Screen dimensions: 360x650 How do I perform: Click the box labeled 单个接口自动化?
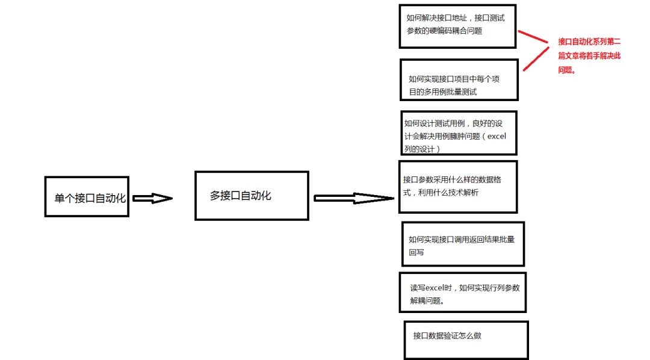87,197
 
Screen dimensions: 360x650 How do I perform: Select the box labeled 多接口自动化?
252,196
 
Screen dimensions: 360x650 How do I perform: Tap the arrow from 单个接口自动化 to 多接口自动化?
152,198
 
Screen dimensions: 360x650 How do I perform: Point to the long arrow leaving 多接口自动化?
353,198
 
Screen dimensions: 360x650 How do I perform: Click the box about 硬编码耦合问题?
457,26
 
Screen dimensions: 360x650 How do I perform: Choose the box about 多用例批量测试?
459,79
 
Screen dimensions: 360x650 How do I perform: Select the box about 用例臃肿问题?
458,132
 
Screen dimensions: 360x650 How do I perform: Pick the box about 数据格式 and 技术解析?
457,187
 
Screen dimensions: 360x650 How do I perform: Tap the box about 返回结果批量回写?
463,244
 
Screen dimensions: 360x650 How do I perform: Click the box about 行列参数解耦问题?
463,293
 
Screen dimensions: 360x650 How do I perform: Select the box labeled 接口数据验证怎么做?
466,340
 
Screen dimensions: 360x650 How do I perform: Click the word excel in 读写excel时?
438,288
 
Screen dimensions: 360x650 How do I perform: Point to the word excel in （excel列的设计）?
497,136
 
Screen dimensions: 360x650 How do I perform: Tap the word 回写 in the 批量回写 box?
416,252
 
